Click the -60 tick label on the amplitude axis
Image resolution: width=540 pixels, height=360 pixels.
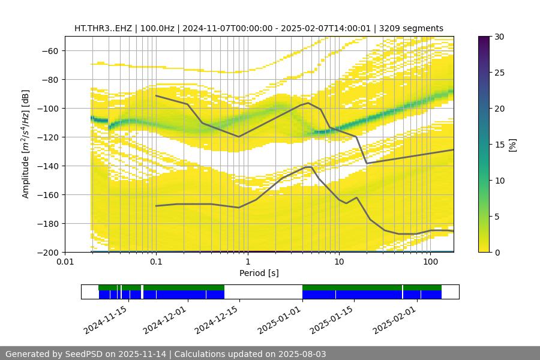[49, 50]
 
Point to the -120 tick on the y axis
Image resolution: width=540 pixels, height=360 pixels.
[49, 137]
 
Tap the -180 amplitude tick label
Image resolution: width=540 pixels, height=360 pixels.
[49, 223]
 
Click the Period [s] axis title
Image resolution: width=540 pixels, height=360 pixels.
[259, 273]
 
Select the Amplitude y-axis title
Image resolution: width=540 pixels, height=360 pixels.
[26, 144]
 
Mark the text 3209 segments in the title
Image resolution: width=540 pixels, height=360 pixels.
[414, 28]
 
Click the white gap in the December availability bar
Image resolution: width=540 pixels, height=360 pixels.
[263, 292]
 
